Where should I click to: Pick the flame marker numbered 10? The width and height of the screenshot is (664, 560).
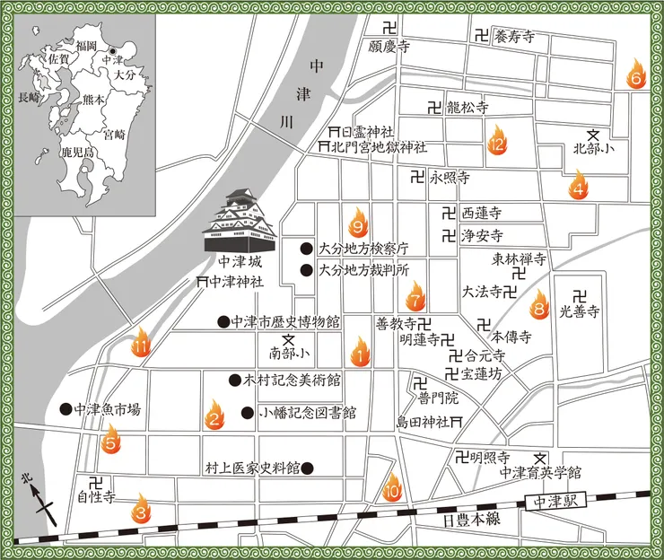point(391,488)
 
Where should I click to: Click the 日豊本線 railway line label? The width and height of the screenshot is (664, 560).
point(464,520)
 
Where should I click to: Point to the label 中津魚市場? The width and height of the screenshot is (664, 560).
point(108,409)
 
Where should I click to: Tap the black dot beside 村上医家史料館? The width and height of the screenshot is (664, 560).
point(307,468)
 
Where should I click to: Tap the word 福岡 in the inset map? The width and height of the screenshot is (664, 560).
point(86,45)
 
